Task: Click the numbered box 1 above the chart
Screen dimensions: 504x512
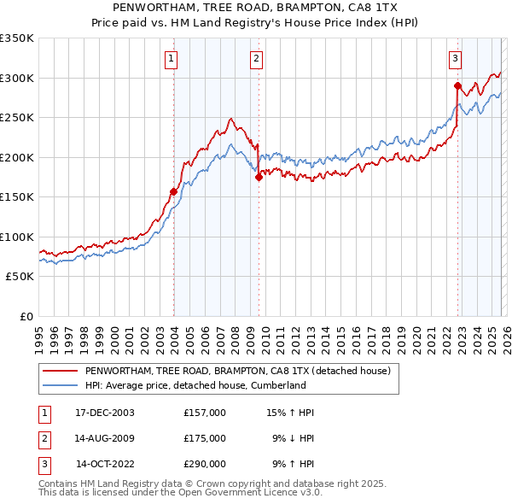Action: (x=172, y=59)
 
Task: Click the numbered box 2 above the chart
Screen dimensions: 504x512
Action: (x=256, y=59)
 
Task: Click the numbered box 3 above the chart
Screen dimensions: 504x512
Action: (x=455, y=59)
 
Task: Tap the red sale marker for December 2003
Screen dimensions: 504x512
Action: (x=174, y=191)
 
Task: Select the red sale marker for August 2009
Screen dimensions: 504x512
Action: (x=259, y=178)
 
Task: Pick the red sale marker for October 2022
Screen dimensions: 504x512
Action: (x=457, y=85)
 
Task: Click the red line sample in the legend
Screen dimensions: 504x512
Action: (x=60, y=371)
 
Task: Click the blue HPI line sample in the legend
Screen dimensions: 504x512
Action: (x=60, y=385)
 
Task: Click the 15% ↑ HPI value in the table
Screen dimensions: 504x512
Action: (x=290, y=413)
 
